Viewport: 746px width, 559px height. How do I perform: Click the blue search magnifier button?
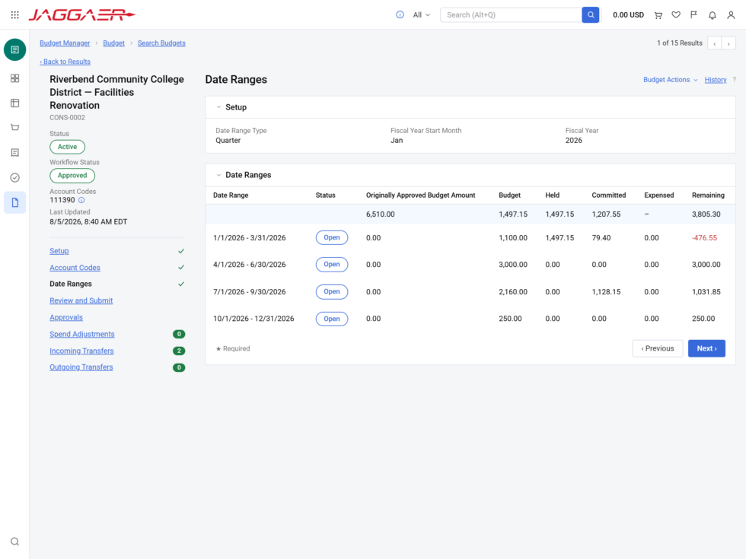tap(591, 14)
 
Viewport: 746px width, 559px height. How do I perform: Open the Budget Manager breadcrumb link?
tap(65, 43)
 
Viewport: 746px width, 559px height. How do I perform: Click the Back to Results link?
tap(65, 62)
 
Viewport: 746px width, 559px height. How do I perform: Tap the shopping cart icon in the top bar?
tap(658, 15)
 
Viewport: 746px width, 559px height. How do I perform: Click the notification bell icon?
tap(713, 15)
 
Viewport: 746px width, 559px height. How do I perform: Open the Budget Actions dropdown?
tap(671, 80)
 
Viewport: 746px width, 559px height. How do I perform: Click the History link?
tap(716, 80)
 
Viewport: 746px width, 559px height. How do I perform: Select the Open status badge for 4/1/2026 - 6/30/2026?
tap(332, 265)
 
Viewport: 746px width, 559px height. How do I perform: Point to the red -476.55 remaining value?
tap(704, 237)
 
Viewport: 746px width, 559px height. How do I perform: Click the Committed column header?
tap(608, 195)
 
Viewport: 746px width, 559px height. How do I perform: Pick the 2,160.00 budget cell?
tap(513, 292)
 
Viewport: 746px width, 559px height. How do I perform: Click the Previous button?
tap(658, 348)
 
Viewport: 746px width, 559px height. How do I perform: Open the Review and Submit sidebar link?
tap(81, 301)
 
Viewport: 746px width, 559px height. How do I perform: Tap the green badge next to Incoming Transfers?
tap(179, 351)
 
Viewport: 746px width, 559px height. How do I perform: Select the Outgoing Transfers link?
tap(81, 367)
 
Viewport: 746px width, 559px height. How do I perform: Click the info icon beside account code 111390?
tap(81, 200)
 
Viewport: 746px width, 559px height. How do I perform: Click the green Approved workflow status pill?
tap(72, 176)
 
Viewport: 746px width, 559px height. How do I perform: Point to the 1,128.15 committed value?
tap(606, 292)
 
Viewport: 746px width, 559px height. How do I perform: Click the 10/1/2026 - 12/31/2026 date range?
tap(253, 319)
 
